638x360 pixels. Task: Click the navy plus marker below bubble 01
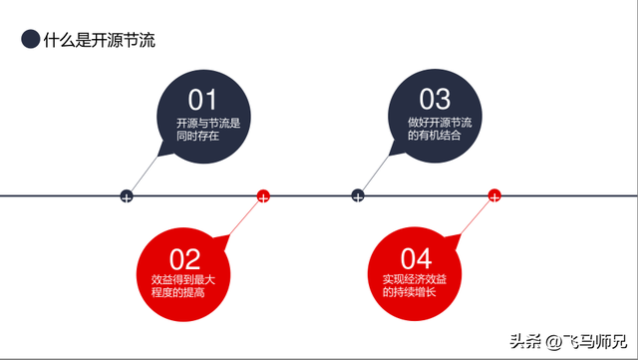[x=127, y=196]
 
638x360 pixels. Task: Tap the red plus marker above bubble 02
[x=263, y=196]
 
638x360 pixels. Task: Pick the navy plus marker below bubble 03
[x=358, y=196]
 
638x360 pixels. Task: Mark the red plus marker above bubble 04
[x=494, y=196]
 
